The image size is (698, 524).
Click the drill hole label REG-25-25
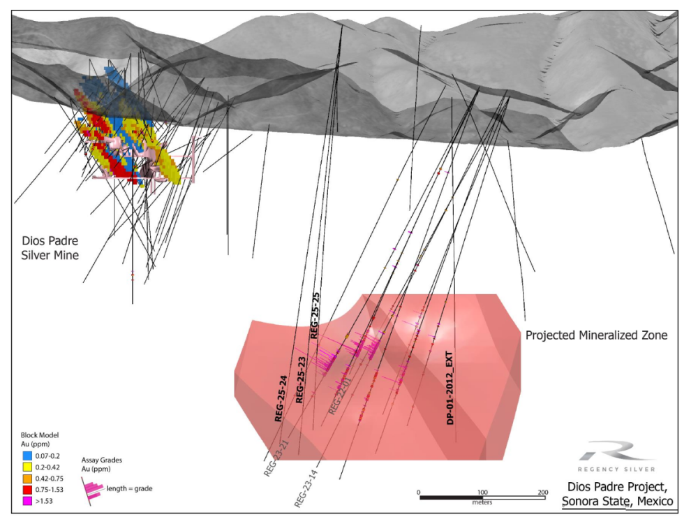click(315, 316)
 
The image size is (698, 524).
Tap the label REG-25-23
click(301, 380)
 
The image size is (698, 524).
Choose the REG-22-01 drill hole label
click(338, 395)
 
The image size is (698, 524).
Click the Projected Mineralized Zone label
click(596, 335)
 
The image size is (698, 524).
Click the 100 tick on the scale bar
click(482, 493)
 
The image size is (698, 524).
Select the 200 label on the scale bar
click(542, 493)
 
